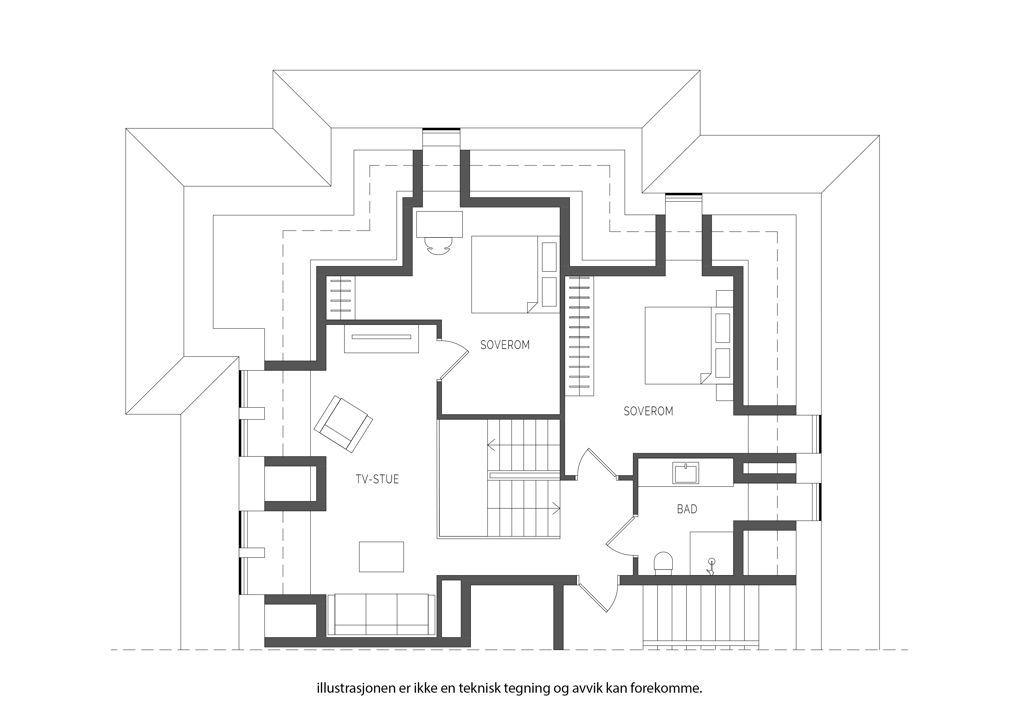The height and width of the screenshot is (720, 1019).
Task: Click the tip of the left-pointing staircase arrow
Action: coord(488,444)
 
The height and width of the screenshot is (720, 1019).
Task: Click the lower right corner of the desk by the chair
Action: coord(462,237)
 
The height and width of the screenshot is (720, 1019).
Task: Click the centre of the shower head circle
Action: coord(712,561)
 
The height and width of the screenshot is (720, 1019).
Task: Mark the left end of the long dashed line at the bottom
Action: coord(111,650)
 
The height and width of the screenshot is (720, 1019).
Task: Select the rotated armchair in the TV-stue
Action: coord(343,424)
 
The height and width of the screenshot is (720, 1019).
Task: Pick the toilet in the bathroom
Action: coord(663,564)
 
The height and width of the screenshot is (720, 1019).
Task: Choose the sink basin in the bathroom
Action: coord(686,473)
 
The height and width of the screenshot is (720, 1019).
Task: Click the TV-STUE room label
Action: coord(377,479)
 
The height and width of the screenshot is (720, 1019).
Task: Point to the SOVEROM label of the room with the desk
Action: coord(505,345)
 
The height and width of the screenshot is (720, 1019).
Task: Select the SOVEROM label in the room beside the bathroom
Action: coord(648,411)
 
